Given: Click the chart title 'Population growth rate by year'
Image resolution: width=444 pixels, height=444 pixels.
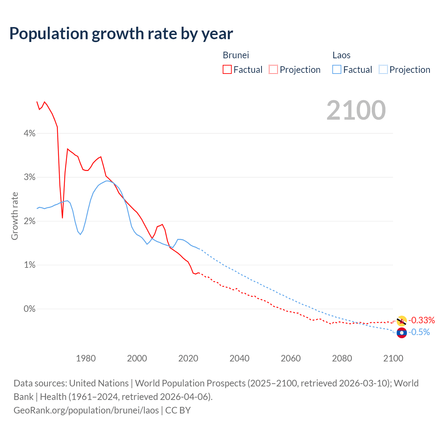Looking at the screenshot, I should click(121, 34).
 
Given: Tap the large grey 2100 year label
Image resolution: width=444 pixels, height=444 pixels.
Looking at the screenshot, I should click(356, 110).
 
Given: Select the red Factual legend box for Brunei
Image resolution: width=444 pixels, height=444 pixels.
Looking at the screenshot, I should click(227, 70).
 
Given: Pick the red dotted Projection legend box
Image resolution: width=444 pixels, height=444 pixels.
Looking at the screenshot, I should click(273, 70).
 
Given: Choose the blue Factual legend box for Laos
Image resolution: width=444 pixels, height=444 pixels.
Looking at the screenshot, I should click(337, 70).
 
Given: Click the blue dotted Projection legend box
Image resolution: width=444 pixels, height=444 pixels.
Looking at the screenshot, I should click(383, 70).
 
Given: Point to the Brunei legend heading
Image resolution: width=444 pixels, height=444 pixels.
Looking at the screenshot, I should click(236, 55).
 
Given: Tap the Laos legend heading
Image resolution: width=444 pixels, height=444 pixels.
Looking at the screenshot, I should click(341, 55).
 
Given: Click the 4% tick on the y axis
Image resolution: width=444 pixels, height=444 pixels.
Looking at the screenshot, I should click(29, 134).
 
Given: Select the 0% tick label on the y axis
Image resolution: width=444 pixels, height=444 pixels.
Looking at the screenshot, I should click(29, 309).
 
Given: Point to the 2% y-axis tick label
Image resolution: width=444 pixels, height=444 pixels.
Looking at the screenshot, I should click(29, 221).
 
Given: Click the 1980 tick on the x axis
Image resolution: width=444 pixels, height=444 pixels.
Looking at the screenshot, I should click(86, 358).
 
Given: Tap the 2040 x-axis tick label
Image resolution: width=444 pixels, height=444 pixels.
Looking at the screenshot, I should click(239, 358).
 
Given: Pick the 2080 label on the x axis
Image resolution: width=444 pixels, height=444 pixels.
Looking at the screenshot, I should click(342, 358).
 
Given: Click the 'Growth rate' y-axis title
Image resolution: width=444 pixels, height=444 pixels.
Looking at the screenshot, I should click(15, 216).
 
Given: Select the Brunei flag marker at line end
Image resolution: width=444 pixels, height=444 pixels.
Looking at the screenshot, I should click(401, 321).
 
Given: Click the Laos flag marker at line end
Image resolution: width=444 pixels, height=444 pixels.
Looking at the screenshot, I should click(401, 333).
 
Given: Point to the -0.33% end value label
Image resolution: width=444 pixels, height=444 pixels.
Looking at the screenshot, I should click(421, 320).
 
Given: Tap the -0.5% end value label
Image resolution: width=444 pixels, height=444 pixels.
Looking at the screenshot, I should click(419, 332).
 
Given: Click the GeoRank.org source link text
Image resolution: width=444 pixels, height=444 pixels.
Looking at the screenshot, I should click(86, 410).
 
